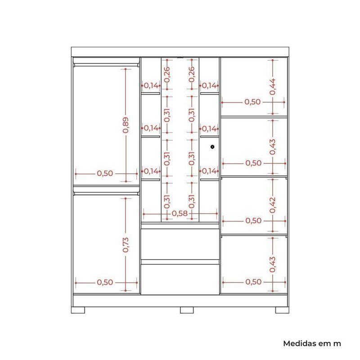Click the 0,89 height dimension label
pos(126,125)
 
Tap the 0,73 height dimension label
pos(126,245)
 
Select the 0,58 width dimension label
pos(180,213)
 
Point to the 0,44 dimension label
pos(273,86)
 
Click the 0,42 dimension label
pos(273,205)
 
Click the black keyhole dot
pos(212,147)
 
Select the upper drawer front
pos(180,244)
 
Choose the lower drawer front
pos(180,279)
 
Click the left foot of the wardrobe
pos(78,310)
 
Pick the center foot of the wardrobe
pos(187,310)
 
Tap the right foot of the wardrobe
pos(282,310)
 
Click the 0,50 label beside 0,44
pos(252,102)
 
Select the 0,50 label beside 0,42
pos(253,221)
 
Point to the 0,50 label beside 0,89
pos(105,174)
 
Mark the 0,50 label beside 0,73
pos(105,283)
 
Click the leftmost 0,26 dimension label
pos(167,74)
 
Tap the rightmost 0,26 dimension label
pos(192,74)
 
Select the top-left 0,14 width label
pos(151,86)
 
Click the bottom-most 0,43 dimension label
pos(273,265)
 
